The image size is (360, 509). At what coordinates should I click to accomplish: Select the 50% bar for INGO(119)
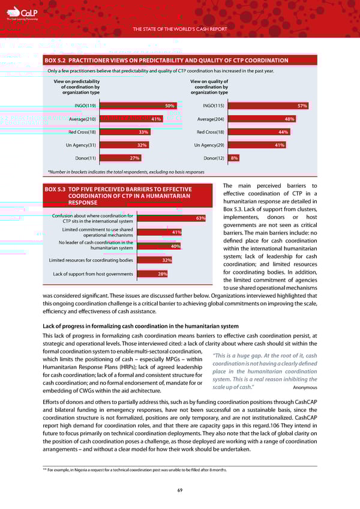click(x=139, y=106)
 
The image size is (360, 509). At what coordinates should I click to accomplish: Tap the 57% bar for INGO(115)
click(x=269, y=106)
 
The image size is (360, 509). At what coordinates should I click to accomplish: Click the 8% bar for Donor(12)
click(x=235, y=158)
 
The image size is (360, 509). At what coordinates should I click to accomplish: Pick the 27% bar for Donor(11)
click(x=121, y=158)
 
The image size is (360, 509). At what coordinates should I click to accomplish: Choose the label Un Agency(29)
click(x=211, y=145)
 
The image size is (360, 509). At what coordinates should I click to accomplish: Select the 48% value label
click(x=289, y=119)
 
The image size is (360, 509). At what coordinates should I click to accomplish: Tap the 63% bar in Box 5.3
click(x=172, y=218)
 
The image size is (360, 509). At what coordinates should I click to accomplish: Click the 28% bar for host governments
click(x=152, y=274)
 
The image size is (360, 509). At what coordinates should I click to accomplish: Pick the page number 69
click(x=180, y=490)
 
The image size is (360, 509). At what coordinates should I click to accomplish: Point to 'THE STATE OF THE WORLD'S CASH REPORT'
click(x=180, y=28)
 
